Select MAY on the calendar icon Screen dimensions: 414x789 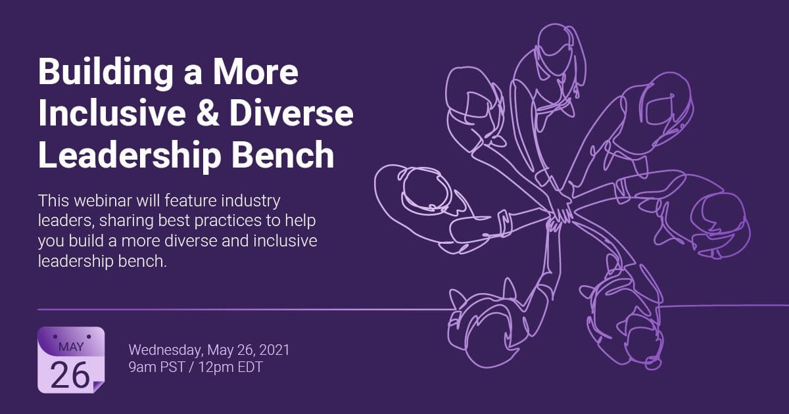(71, 347)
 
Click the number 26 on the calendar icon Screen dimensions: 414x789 (70, 375)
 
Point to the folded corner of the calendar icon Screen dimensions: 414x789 (99, 388)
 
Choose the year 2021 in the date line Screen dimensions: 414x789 (273, 349)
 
